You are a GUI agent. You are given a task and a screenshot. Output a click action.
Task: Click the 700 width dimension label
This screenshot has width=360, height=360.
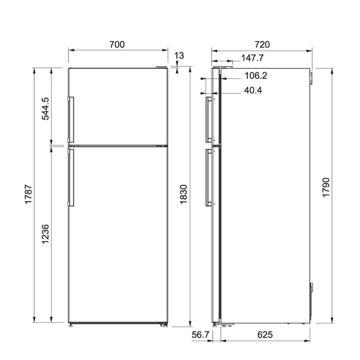tap(117, 45)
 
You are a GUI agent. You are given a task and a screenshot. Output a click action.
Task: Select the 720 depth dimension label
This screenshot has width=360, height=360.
tap(262, 45)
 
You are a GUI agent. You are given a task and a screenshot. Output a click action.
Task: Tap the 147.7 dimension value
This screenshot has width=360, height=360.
tap(253, 58)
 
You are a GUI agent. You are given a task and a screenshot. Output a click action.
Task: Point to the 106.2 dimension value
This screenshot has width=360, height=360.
tap(256, 76)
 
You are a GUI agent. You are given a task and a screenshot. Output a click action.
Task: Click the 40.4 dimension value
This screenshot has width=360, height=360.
tap(253, 90)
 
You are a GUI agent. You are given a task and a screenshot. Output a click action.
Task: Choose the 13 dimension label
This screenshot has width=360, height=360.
tap(179, 55)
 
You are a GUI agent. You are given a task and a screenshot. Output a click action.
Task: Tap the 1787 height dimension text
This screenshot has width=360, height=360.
tap(28, 195)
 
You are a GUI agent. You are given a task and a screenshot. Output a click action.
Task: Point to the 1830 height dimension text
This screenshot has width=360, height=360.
tap(183, 195)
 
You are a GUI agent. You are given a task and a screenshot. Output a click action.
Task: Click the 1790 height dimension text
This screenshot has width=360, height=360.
tap(326, 187)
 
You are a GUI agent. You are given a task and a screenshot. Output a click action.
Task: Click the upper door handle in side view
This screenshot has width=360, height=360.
tap(208, 119)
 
